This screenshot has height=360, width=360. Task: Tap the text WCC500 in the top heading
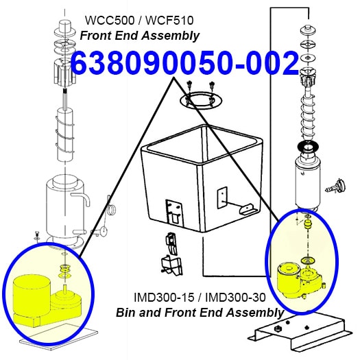pyautogui.click(x=110, y=20)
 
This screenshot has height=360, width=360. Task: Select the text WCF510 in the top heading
pyautogui.click(x=169, y=20)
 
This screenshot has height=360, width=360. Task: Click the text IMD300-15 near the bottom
pyautogui.click(x=164, y=298)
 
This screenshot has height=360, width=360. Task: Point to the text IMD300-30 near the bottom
pyautogui.click(x=236, y=298)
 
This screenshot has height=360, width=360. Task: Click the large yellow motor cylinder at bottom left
pyautogui.click(x=32, y=294)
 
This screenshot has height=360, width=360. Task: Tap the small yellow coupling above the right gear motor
pyautogui.click(x=307, y=224)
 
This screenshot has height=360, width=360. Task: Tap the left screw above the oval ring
pyautogui.click(x=190, y=85)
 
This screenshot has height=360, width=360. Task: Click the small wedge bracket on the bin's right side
pyautogui.click(x=246, y=209)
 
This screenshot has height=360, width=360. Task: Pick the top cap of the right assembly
pyautogui.click(x=309, y=30)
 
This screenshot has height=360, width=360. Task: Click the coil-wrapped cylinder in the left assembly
pyautogui.click(x=65, y=135)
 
